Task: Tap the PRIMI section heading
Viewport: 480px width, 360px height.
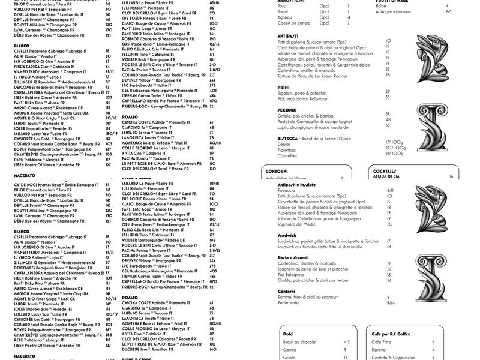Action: [283, 87]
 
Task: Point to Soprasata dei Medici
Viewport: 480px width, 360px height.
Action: [300, 224]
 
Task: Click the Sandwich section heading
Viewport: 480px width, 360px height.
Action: [287, 235]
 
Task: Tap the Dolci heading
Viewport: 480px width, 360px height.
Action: [289, 334]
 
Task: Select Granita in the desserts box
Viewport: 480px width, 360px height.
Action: [289, 349]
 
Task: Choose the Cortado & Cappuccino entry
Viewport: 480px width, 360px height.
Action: [394, 357]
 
